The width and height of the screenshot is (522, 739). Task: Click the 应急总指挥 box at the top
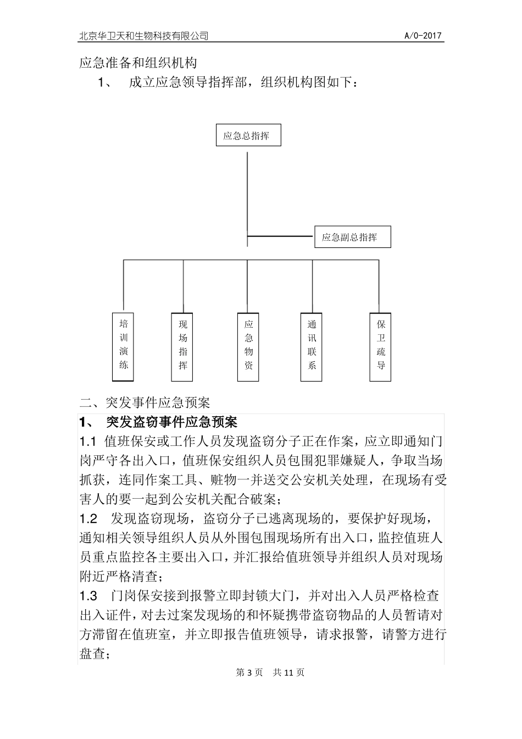(248, 135)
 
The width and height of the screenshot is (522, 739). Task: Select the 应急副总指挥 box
(352, 237)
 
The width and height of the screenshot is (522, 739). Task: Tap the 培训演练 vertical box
(123, 346)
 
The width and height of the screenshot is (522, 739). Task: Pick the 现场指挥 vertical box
(183, 347)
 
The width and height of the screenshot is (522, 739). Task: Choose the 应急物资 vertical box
(248, 347)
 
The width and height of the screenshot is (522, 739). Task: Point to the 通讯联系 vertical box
(312, 347)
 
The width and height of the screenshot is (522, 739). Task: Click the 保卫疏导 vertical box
(381, 347)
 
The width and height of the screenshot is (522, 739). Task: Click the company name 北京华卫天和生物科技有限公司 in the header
(144, 36)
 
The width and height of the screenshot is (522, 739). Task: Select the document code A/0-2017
(424, 36)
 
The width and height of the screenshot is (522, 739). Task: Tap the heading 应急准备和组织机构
(138, 63)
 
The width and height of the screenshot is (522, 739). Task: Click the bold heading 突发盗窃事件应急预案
(171, 422)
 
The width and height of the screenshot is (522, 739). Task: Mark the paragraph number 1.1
(88, 442)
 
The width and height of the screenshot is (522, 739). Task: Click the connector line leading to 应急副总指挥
(280, 236)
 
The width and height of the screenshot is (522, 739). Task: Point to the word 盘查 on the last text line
(92, 654)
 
